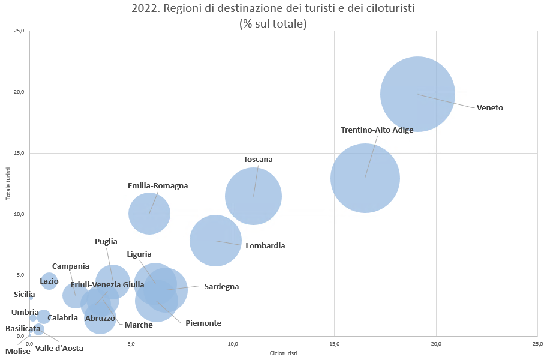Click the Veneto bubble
(417, 94)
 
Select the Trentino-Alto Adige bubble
(365, 178)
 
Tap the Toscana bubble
(253, 196)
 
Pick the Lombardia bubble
(215, 241)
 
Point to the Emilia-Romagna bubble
(149, 214)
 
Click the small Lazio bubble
(49, 280)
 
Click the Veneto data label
(489, 108)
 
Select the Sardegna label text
(221, 287)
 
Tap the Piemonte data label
(203, 323)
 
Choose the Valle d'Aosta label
(59, 348)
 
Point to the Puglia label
(106, 242)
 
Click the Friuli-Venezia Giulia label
(107, 284)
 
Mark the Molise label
(18, 351)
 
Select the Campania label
(70, 266)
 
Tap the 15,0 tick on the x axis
(335, 344)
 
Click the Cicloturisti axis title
(284, 353)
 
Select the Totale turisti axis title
(8, 184)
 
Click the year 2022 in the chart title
(143, 10)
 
